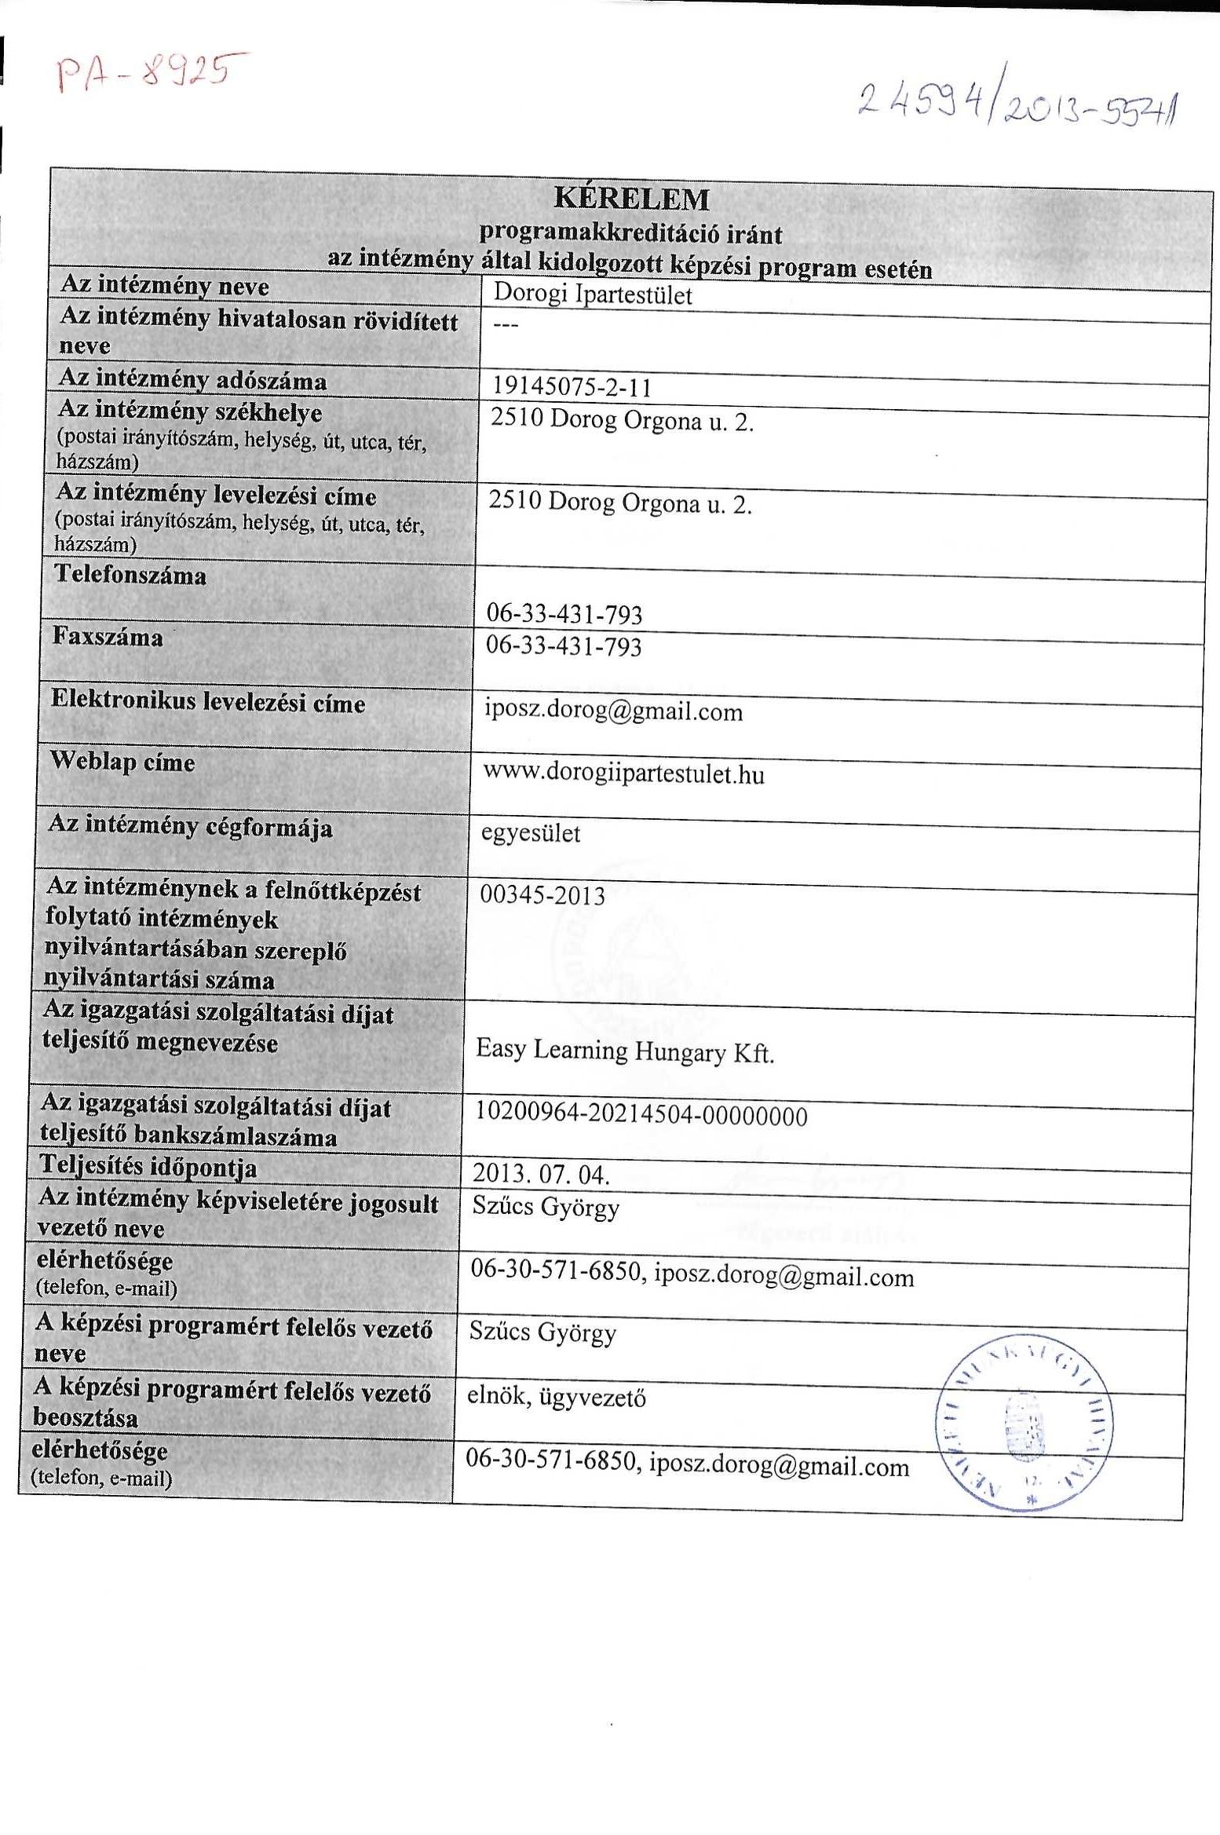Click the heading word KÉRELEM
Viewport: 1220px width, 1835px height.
tap(631, 199)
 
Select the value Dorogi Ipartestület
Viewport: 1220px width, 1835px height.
tap(593, 295)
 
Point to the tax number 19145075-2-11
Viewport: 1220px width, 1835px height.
tap(572, 387)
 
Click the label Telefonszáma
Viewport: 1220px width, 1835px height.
tap(130, 576)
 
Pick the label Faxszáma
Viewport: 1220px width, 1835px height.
tap(108, 637)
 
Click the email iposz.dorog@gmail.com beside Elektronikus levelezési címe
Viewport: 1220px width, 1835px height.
tap(613, 711)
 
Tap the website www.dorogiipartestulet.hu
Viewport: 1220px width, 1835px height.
tap(623, 774)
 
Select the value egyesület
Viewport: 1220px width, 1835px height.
tap(531, 833)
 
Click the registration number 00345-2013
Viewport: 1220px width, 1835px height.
tap(542, 895)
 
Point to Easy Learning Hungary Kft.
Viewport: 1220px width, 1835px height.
tap(625, 1051)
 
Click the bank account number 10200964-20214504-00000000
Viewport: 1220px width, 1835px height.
tap(641, 1116)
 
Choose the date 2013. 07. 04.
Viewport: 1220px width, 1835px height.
tap(541, 1175)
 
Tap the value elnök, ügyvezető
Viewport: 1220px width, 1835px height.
tap(557, 1398)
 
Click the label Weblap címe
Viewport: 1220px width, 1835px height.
tap(122, 762)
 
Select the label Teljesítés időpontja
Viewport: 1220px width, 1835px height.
tap(148, 1168)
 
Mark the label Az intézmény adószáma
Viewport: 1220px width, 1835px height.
tap(193, 380)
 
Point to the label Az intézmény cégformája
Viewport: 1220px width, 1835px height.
tap(191, 827)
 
